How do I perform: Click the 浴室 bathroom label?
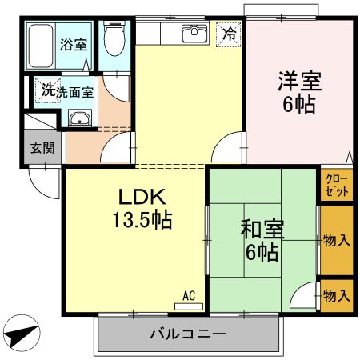click(x=74, y=44)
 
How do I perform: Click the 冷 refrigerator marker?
click(x=230, y=34)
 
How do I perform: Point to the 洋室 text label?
click(x=300, y=81)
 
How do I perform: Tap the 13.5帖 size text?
click(x=145, y=219)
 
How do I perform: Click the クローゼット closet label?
click(x=335, y=186)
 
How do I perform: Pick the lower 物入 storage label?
click(x=336, y=295)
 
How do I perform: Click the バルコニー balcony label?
click(x=188, y=334)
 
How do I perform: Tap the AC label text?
click(x=189, y=295)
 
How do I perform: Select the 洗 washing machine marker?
click(x=48, y=91)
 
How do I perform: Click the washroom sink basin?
click(x=81, y=121)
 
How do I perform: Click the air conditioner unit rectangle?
click(x=189, y=306)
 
